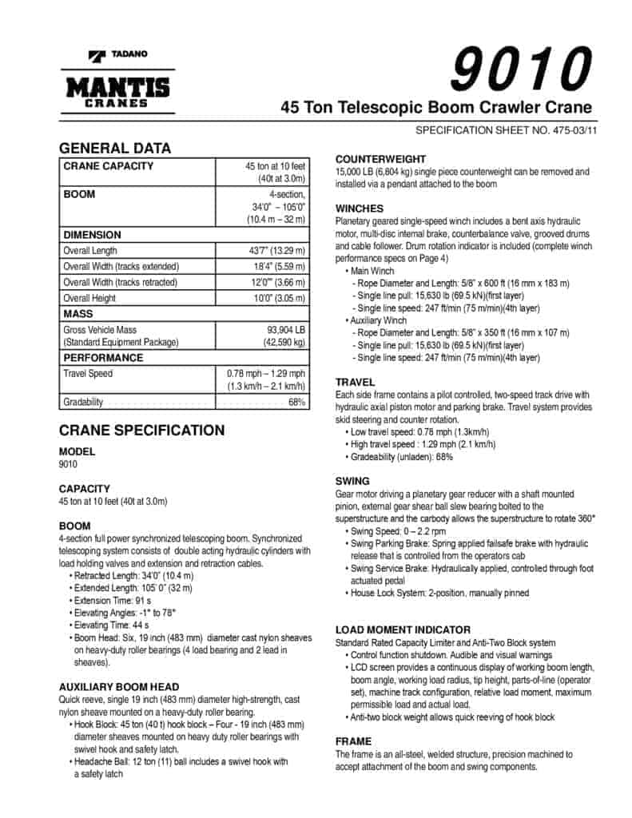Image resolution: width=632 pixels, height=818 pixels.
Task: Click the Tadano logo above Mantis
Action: point(117,55)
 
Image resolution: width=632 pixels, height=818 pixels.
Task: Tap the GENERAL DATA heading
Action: point(115,148)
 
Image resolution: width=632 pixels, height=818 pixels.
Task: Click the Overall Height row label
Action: point(89,299)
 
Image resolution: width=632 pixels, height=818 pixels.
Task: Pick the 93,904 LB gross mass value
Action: point(287,329)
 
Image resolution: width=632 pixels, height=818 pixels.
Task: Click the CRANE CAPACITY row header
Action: point(109,166)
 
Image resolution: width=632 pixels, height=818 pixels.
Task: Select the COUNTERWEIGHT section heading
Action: point(380,159)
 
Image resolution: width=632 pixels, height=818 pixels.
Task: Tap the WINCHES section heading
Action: point(360,208)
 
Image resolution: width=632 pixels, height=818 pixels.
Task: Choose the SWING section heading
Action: point(352,481)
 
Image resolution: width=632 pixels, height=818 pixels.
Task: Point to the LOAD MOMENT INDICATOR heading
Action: point(403,629)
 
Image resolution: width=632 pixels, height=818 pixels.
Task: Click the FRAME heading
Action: point(353,741)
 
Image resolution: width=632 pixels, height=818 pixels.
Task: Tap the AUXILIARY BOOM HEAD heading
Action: point(119,686)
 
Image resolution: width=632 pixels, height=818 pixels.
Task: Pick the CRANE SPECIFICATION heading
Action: point(142,431)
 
